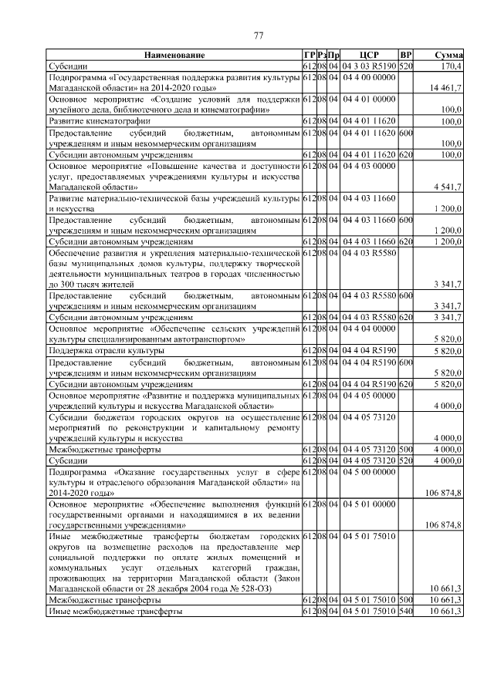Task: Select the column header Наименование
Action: [x=174, y=56]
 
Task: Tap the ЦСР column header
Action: [x=369, y=56]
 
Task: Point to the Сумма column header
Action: [x=448, y=56]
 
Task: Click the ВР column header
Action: [x=407, y=56]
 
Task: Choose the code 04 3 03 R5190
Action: [x=369, y=66]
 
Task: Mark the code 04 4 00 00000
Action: [x=368, y=77]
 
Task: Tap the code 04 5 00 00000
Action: [x=368, y=471]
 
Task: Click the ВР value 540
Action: [x=407, y=611]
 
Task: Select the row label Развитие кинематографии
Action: [x=100, y=122]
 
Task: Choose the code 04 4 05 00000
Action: [x=368, y=395]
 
